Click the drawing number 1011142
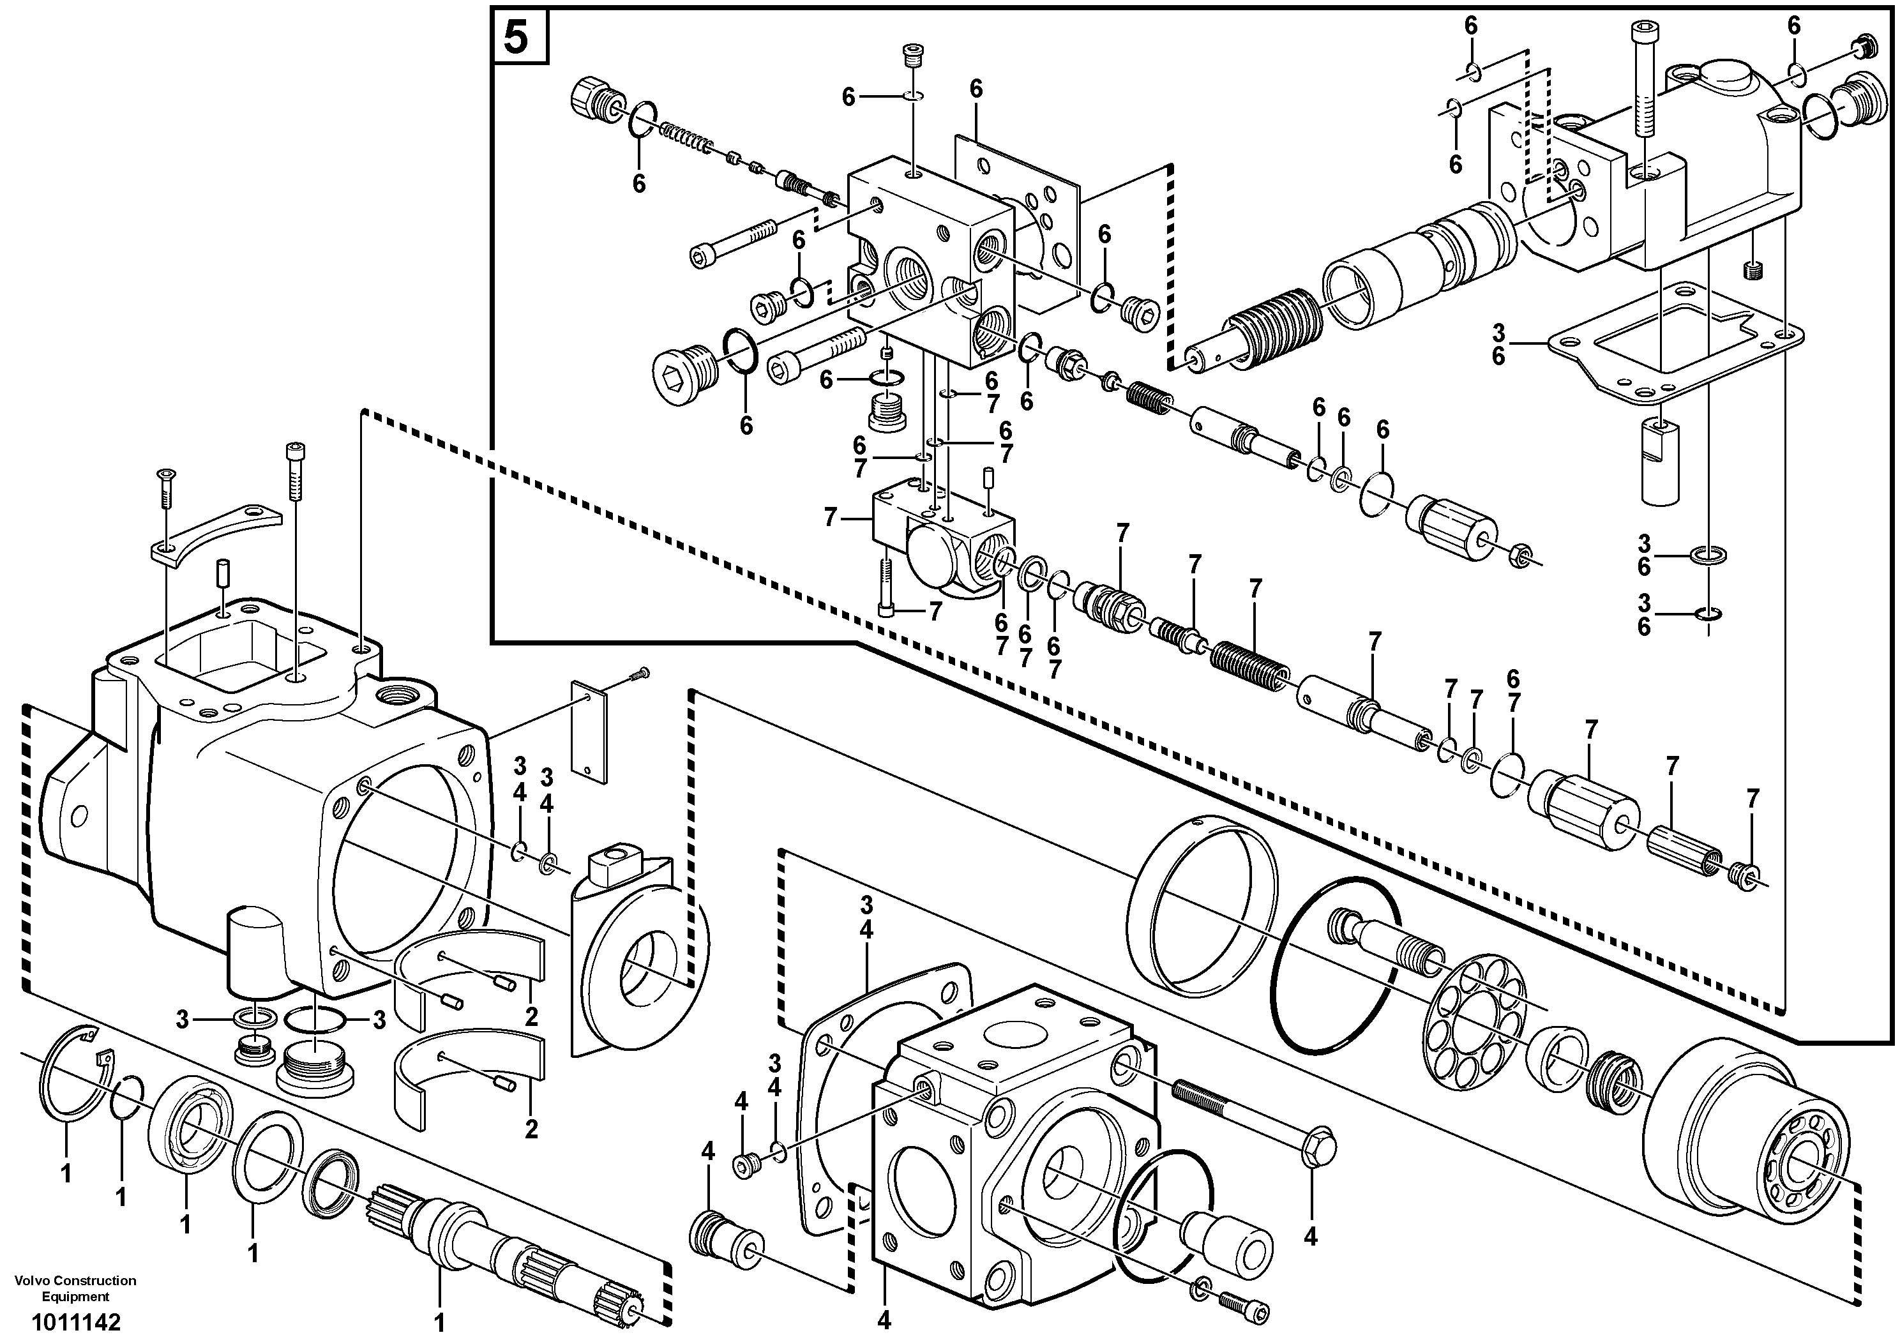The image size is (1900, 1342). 76,1322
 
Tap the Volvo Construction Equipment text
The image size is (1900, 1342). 75,1289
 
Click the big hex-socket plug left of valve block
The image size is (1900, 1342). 681,383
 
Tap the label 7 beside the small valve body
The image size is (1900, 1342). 831,518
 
